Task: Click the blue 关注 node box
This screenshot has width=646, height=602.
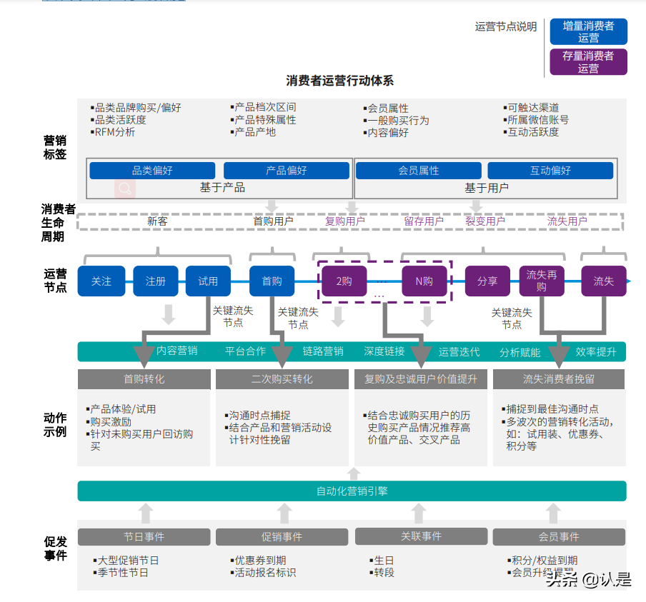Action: click(101, 281)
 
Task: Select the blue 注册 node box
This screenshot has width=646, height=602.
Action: click(155, 281)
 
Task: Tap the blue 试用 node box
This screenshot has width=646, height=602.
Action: click(208, 281)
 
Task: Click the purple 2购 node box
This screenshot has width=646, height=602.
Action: click(344, 281)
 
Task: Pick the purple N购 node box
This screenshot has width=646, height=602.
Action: click(424, 281)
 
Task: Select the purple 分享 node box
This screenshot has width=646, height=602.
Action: click(487, 281)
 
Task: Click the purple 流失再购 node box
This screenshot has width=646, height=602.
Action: click(541, 281)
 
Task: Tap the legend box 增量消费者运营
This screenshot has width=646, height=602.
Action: click(588, 32)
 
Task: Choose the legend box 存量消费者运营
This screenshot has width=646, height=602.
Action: click(588, 62)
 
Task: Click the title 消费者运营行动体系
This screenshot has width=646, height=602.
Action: click(340, 81)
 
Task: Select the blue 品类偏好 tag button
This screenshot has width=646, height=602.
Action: click(152, 171)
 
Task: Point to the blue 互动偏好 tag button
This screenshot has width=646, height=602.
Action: click(550, 171)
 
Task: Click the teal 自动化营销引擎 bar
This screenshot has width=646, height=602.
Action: click(352, 491)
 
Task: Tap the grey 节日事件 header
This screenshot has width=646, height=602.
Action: click(144, 537)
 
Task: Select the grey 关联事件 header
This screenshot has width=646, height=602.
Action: click(421, 536)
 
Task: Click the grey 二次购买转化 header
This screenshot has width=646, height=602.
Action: click(282, 379)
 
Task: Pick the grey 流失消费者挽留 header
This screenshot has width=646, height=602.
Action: click(558, 379)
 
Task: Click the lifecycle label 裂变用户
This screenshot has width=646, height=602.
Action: click(485, 221)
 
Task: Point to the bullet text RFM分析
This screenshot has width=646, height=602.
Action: click(114, 132)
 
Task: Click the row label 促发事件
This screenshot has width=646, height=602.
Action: click(55, 548)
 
